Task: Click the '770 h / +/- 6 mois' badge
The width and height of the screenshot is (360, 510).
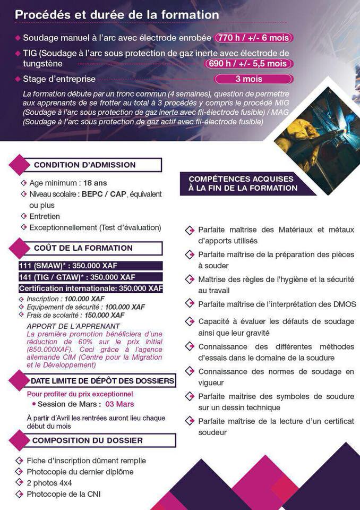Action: click(253, 38)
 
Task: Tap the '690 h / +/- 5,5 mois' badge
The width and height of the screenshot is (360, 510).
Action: click(248, 64)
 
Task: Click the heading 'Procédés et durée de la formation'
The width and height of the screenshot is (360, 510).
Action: click(117, 15)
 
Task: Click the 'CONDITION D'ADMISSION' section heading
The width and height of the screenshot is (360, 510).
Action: click(85, 165)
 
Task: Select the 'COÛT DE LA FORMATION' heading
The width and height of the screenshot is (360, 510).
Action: click(83, 248)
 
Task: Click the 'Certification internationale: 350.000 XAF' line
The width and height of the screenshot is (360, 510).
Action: click(91, 288)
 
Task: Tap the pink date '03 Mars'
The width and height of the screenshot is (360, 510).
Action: click(120, 404)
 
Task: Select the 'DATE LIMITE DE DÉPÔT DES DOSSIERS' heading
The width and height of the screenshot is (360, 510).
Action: click(102, 381)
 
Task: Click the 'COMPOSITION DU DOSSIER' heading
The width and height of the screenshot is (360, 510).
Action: click(88, 440)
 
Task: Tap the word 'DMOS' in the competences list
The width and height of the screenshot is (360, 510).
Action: click(341, 304)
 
